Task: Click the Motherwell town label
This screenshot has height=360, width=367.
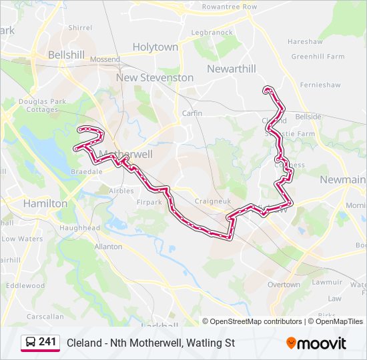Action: pos(125,154)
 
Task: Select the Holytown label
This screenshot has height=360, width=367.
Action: pos(155,47)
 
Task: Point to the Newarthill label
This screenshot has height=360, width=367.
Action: pos(231,69)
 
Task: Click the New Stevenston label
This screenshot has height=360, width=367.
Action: pos(155,77)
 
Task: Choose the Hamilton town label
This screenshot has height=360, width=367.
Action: pos(45,203)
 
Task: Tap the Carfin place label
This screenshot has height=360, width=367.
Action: pos(192,113)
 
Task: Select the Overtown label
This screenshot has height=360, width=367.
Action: pos(284,285)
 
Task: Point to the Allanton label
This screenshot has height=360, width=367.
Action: pos(108,247)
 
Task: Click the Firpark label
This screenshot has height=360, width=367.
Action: pos(148,202)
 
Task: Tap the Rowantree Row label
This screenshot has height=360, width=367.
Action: pos(230,7)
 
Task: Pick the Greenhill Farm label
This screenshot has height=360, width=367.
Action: pos(317,57)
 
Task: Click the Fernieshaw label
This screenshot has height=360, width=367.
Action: pos(320,85)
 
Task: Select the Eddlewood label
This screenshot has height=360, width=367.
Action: pos(25,285)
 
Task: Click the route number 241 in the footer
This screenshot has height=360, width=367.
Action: pos(47,342)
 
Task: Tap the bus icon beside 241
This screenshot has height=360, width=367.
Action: pos(31,343)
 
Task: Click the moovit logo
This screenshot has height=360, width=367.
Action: pos(316,343)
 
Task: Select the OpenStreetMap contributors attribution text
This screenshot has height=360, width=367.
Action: pos(256,321)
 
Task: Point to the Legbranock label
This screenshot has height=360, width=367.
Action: pos(212,32)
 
